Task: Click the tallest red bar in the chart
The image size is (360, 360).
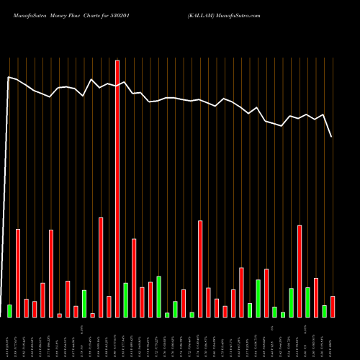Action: pos(117,189)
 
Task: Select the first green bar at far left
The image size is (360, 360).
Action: pos(9,311)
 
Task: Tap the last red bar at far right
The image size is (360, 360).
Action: pos(333,307)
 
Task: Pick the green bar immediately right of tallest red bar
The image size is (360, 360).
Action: pos(125,300)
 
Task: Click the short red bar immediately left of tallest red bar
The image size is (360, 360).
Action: pos(109,307)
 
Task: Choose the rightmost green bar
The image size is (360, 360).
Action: pos(324,311)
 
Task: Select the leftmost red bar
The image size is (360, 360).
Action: pos(18,273)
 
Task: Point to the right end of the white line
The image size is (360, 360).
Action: pos(332,137)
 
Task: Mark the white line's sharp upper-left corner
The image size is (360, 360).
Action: pos(9,76)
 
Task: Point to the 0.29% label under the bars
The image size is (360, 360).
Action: pos(84,330)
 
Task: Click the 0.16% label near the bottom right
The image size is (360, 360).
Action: pos(307,330)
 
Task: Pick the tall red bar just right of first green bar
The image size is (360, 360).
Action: pos(18,273)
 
